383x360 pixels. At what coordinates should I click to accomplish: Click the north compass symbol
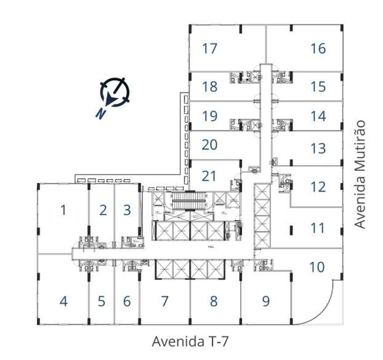tap(116, 92)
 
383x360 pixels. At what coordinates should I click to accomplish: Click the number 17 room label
tap(210, 48)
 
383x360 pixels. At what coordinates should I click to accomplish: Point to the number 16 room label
tap(318, 48)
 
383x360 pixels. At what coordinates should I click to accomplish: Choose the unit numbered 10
tap(316, 267)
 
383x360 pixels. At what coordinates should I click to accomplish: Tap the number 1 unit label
tap(63, 210)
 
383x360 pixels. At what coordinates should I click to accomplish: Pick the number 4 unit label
tap(63, 302)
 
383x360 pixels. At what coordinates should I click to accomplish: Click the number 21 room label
tap(210, 176)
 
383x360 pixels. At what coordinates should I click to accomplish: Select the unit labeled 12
tap(318, 187)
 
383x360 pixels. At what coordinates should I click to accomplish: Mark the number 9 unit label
tap(266, 301)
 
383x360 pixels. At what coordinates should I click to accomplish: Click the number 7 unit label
tap(164, 301)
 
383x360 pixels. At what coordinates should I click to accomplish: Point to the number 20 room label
tap(210, 145)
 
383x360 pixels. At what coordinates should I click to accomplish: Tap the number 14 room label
tap(318, 115)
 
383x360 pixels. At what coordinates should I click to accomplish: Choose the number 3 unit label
tap(127, 210)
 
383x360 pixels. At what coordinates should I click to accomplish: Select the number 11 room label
tap(317, 228)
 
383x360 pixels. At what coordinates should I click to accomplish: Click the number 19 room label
tap(210, 115)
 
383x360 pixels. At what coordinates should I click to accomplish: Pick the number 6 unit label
tap(127, 302)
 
